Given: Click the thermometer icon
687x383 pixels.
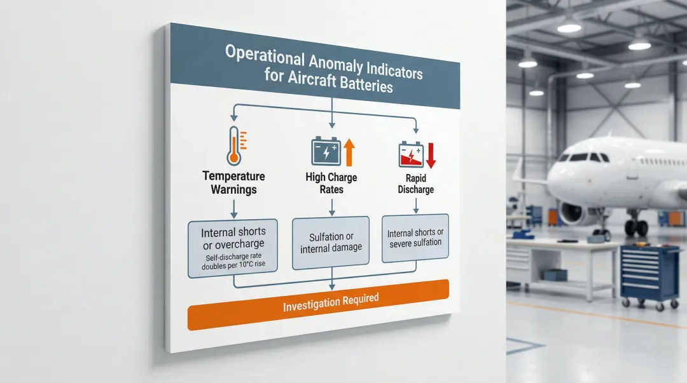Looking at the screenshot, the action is (234, 145).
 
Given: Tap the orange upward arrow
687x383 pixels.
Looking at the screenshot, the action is (349, 152).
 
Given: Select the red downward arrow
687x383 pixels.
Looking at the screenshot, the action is (431, 156).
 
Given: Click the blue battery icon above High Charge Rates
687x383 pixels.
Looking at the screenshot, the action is (326, 151).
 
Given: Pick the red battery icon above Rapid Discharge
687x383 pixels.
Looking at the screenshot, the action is (411, 154).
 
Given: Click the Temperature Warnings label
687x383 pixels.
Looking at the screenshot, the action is (233, 183).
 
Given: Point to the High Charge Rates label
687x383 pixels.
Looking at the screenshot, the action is (331, 184).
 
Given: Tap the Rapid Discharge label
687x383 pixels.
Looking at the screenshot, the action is (416, 184).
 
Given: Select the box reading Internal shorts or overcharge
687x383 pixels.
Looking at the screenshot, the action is (233, 248).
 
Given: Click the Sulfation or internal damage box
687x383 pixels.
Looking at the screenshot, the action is (331, 243).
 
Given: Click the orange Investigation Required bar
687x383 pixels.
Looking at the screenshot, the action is (319, 305).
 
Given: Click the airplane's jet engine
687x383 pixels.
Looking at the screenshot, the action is (574, 213).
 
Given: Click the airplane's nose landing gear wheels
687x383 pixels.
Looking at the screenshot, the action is (635, 227).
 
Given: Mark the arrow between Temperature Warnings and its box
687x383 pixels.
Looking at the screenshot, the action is (234, 209).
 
